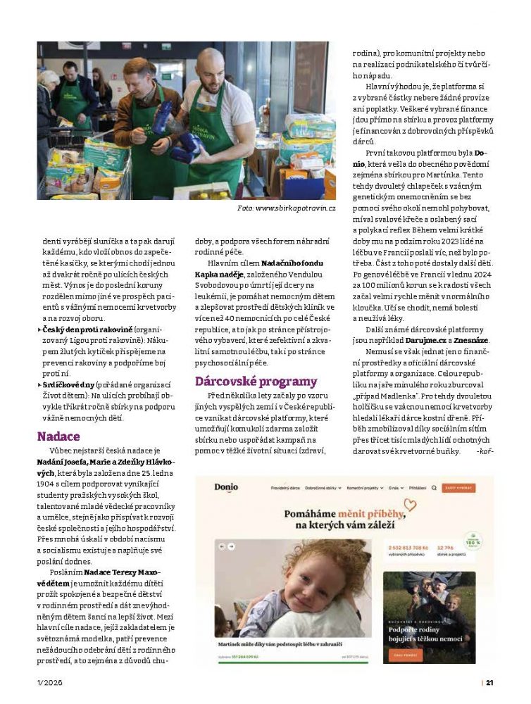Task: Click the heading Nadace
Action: pos(58,436)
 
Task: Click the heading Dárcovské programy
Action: pos(256,382)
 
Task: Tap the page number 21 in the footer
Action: pos(489,681)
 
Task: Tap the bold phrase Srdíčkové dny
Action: pos(68,385)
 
